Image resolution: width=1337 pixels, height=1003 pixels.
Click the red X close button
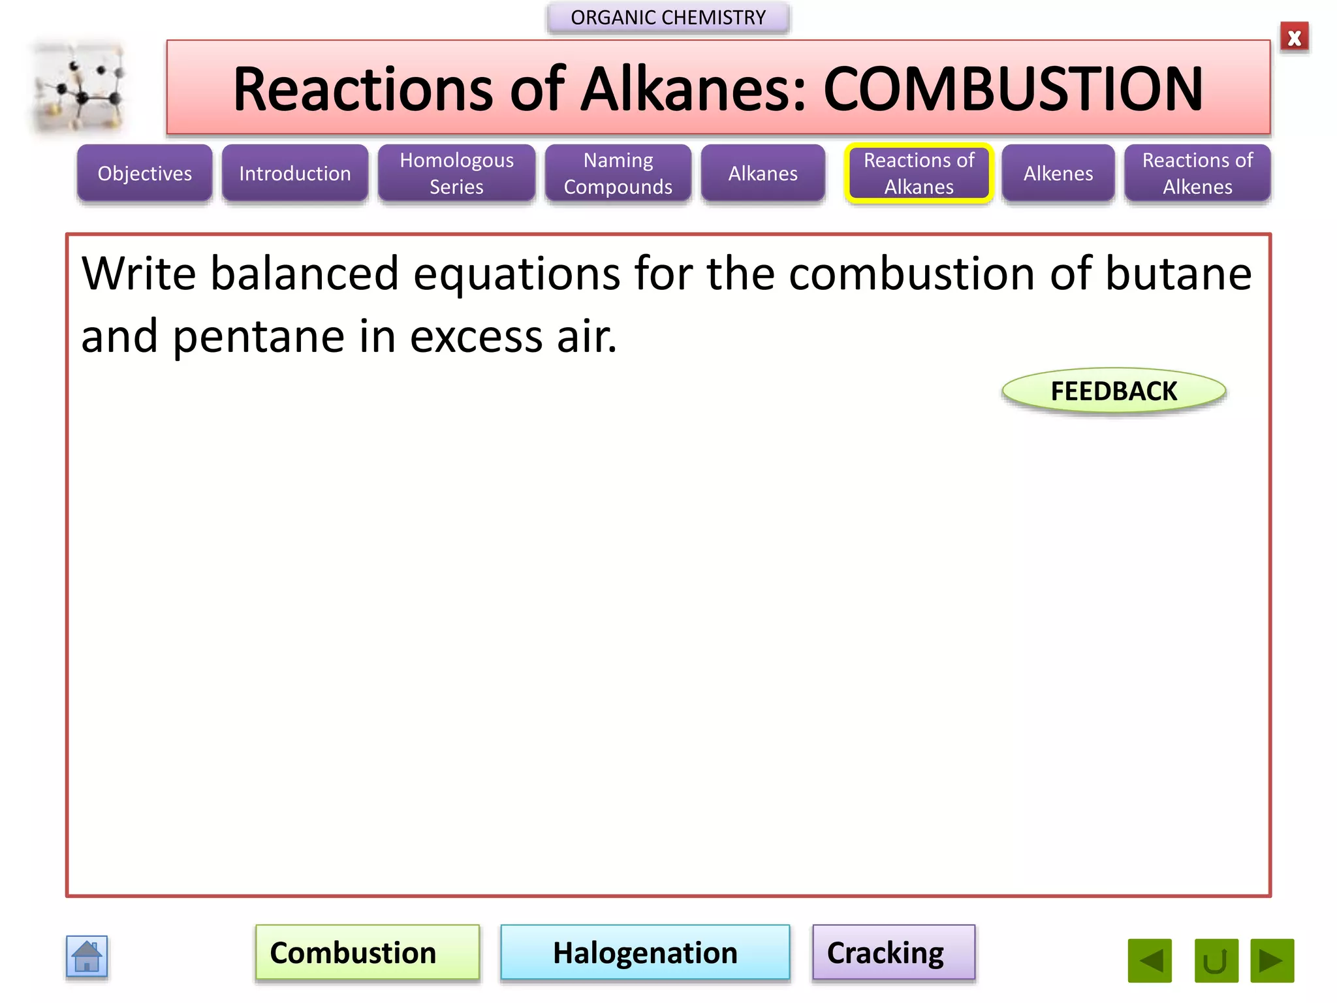[1294, 38]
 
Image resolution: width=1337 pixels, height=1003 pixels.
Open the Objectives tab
[144, 173]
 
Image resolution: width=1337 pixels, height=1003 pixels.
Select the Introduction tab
[294, 173]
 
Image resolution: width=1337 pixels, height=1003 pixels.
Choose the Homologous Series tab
[456, 173]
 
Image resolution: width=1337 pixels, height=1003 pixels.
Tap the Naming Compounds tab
[618, 173]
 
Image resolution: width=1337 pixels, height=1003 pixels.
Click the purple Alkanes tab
[763, 173]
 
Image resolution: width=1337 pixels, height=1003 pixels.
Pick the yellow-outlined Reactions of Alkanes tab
[919, 173]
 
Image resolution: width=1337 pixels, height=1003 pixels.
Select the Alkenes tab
[1058, 173]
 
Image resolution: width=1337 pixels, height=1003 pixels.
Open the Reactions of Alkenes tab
[1197, 173]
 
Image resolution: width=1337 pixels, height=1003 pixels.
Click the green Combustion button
[367, 952]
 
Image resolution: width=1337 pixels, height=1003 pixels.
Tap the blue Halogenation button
[645, 952]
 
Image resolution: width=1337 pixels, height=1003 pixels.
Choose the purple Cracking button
[893, 952]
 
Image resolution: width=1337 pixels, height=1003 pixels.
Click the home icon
[87, 957]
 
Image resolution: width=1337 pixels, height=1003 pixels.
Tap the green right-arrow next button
[1272, 960]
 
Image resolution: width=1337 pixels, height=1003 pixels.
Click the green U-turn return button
[1216, 960]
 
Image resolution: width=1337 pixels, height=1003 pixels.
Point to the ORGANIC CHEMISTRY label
[668, 18]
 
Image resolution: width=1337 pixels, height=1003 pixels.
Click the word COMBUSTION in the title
[1013, 89]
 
